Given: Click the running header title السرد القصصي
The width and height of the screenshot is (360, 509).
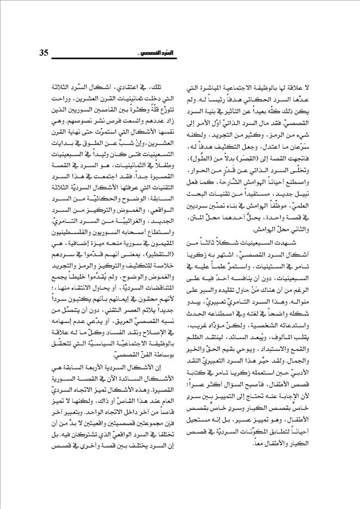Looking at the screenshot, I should point(147,54).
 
